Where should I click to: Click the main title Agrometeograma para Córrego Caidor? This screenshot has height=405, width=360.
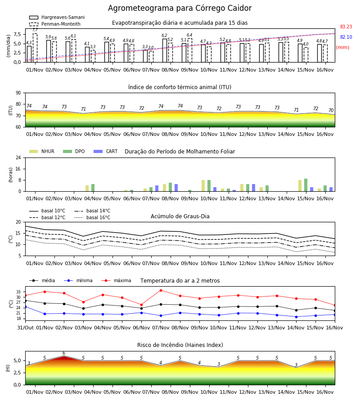click(180, 8)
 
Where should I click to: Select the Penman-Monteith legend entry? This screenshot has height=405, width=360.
click(55, 24)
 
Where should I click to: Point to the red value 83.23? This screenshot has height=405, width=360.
click(346, 27)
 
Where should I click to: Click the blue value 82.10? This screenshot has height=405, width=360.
click(346, 37)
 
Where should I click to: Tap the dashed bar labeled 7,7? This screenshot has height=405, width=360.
click(35, 48)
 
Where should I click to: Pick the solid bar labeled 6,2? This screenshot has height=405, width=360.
click(165, 50)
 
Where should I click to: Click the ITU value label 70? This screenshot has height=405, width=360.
click(331, 110)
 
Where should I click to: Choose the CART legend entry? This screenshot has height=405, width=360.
click(106, 151)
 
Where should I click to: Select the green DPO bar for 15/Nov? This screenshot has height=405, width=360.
click(306, 185)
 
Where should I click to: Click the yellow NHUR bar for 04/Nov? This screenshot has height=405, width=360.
click(87, 188)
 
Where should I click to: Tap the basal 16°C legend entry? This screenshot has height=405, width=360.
click(92, 217)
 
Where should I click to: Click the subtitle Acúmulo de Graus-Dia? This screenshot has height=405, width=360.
click(180, 216)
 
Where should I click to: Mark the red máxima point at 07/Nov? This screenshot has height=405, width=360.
click(161, 290)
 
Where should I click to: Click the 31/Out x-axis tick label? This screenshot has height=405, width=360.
click(25, 328)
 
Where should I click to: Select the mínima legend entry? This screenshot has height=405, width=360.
click(78, 280)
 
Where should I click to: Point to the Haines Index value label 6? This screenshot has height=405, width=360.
click(64, 353)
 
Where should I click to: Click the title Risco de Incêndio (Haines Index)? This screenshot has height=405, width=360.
click(180, 345)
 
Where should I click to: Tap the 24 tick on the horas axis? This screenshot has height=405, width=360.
click(18, 157)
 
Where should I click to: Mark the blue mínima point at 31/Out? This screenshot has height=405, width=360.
click(26, 306)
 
